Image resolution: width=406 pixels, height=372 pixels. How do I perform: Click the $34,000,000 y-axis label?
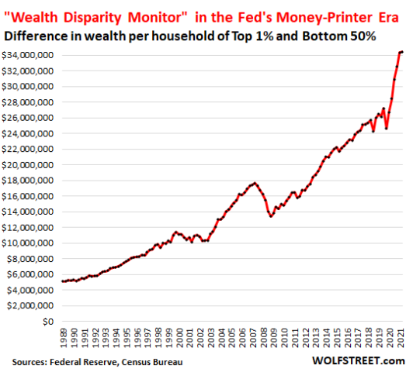[27, 55]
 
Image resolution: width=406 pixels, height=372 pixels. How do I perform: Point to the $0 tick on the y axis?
[48, 321]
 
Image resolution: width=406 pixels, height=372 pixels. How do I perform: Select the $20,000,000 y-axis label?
[27, 164]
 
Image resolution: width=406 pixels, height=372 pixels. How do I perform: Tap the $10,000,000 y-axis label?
[27, 243]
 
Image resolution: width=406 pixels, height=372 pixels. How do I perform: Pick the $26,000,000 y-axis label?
[27, 118]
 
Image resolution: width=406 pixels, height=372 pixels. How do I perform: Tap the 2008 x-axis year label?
[264, 338]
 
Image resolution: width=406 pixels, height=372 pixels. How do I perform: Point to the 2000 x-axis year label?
[179, 338]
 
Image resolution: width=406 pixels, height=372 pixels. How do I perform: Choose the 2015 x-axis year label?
[338, 338]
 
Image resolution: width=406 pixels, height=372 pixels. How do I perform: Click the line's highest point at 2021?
[401, 52]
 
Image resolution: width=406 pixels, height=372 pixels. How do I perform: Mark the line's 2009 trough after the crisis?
[270, 215]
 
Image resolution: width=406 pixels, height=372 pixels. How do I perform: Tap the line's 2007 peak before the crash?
[254, 183]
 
